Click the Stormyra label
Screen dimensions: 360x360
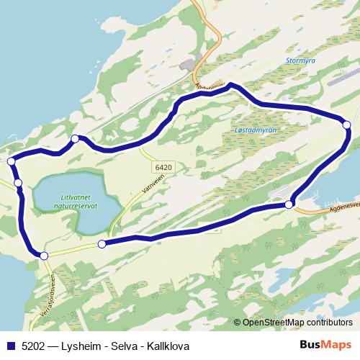coord(300,61)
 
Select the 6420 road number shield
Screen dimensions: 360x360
coord(163,166)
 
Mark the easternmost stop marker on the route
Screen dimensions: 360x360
coord(347,125)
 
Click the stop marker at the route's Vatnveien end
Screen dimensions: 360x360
coord(102,244)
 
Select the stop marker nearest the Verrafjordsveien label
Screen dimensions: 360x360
coord(44,256)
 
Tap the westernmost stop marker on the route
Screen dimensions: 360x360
coord(11,161)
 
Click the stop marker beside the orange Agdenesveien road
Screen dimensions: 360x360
coord(289,205)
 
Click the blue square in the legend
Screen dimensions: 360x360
coord(10,346)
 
